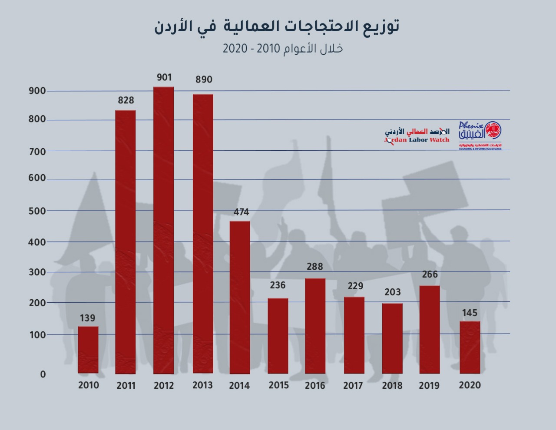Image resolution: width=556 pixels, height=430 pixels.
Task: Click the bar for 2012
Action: click(163, 230)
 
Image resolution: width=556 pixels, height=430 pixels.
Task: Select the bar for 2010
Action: click(88, 350)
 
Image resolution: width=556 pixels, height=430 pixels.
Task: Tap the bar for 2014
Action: click(240, 297)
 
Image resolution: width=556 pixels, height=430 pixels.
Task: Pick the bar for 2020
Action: click(470, 347)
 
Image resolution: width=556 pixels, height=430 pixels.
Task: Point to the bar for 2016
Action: click(315, 326)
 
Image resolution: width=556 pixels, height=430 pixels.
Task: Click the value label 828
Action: click(126, 100)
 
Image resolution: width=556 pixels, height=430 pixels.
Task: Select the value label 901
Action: click(164, 78)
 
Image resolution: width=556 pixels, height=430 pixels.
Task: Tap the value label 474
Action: click(241, 212)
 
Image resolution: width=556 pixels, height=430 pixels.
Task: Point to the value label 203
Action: click(393, 292)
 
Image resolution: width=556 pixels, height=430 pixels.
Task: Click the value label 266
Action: click(430, 275)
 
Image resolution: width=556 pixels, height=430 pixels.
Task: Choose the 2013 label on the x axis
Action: click(202, 385)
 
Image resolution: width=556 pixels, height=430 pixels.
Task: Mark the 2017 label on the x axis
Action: click(353, 386)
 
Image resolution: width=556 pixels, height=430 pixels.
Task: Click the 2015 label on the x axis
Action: click(278, 385)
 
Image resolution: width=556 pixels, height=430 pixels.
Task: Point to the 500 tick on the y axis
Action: click(37, 211)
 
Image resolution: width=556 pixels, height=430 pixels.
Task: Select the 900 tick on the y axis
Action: click(37, 91)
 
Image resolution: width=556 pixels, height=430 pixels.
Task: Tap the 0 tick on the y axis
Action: click(43, 374)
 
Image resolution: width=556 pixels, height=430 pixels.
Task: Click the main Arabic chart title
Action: click(277, 26)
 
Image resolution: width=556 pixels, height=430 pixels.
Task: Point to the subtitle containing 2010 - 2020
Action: click(283, 48)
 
